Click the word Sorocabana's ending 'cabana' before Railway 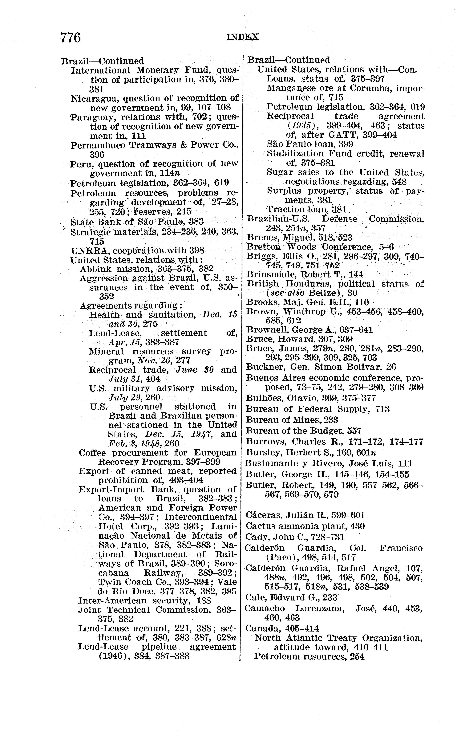tap(114, 573)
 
